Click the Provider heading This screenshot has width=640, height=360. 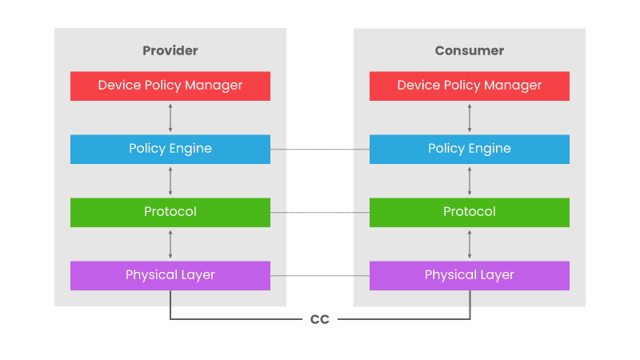[170, 50]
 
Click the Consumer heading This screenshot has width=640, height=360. [470, 50]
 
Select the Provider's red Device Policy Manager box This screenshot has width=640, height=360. [170, 86]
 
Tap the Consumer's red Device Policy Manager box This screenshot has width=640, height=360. [470, 86]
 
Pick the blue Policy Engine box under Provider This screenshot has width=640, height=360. [170, 149]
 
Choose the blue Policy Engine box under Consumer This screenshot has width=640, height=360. [470, 149]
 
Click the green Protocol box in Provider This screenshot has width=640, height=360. [170, 212]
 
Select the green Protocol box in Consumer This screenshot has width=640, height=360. [470, 212]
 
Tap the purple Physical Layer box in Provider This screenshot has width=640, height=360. [170, 275]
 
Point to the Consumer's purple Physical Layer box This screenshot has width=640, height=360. [470, 275]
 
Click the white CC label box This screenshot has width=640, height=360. [320, 320]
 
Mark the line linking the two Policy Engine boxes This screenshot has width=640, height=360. [320, 150]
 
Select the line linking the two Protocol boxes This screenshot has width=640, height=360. [320, 213]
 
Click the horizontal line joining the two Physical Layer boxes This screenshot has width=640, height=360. [320, 276]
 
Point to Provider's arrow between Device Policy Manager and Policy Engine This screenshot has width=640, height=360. [170, 118]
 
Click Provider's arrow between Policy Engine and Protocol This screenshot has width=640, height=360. [170, 181]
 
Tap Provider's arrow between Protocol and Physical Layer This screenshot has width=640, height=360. [170, 244]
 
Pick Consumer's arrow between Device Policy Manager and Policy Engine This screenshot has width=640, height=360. [470, 118]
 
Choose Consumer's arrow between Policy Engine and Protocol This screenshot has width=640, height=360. [470, 181]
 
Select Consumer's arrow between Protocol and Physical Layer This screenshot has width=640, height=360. [470, 244]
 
